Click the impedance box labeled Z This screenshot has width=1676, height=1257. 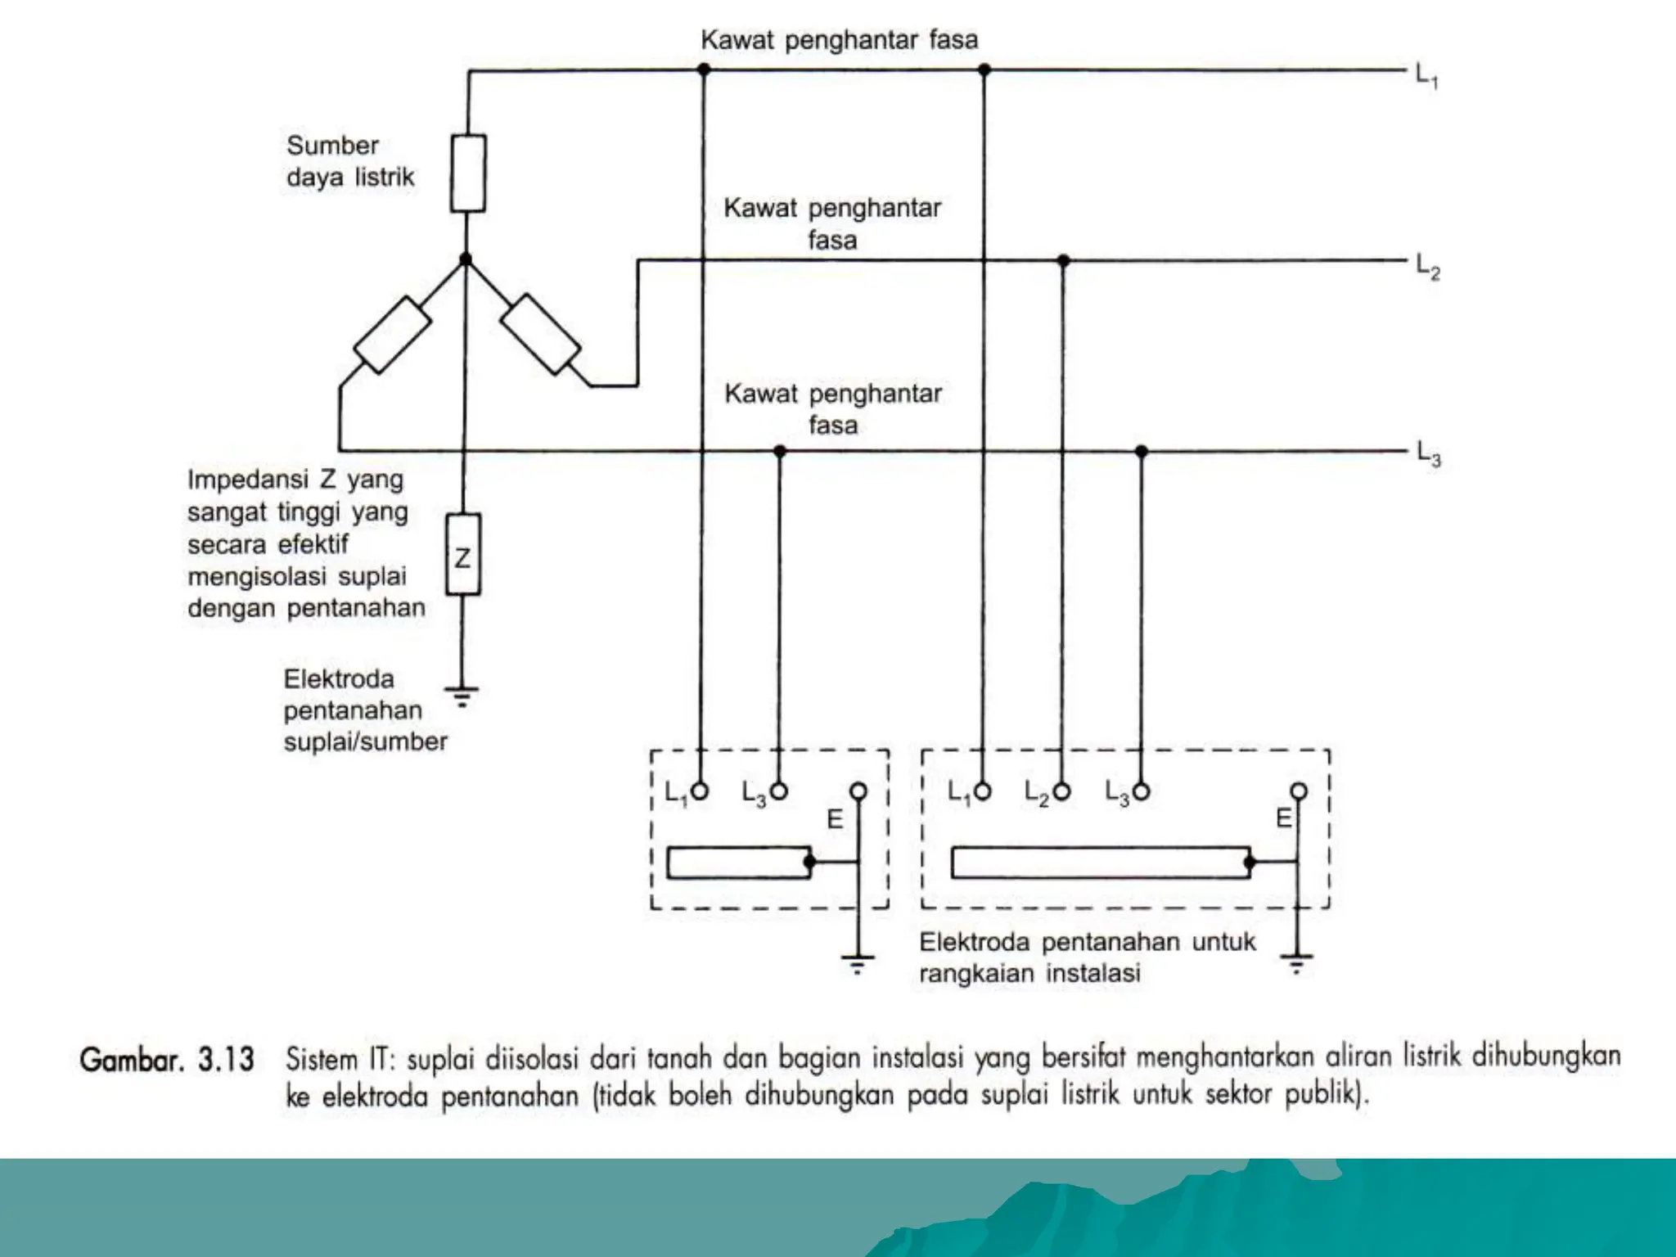[463, 555]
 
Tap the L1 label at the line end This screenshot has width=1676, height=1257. [1427, 77]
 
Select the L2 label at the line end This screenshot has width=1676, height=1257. [1428, 267]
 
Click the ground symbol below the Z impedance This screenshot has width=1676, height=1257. [462, 696]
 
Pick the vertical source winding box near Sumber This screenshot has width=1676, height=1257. [468, 173]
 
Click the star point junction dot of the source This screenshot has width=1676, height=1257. [466, 259]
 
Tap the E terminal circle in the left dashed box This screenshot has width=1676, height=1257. [858, 791]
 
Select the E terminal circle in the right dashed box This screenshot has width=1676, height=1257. [1299, 791]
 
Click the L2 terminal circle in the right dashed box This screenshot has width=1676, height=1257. [1062, 791]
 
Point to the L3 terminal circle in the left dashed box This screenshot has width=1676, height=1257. [779, 791]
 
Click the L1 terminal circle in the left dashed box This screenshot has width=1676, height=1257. [700, 791]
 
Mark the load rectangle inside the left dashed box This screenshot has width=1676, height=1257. [739, 863]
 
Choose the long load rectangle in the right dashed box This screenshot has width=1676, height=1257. [1102, 863]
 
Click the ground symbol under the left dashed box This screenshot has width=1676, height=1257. [858, 965]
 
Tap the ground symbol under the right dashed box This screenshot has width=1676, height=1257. [1297, 963]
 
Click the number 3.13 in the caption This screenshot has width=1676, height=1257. [226, 1060]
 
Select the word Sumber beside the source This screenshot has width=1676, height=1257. [333, 146]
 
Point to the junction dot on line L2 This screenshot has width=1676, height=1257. [1063, 261]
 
